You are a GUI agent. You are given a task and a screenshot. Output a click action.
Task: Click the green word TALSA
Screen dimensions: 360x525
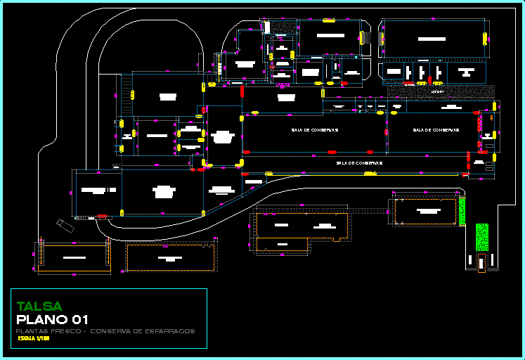click(39, 307)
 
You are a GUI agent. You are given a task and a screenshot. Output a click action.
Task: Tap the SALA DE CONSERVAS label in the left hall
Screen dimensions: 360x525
click(315, 130)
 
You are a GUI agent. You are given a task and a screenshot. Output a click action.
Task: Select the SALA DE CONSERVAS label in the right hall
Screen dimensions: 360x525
click(436, 130)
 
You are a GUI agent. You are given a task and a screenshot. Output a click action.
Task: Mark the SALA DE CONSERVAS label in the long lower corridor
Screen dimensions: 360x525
click(358, 163)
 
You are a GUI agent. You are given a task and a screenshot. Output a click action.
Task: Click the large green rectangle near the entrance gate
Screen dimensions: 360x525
click(481, 237)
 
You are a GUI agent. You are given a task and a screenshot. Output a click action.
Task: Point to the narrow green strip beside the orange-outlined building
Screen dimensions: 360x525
click(462, 211)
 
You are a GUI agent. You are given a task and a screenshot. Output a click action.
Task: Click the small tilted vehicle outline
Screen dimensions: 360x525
click(65, 224)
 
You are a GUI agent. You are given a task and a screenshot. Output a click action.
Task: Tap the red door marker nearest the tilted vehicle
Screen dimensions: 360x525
click(102, 217)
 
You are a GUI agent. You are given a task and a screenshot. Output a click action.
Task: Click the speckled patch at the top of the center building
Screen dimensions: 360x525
click(285, 27)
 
